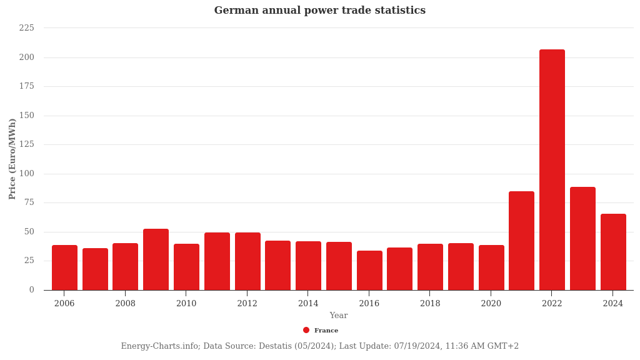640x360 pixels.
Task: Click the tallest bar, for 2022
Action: click(x=552, y=169)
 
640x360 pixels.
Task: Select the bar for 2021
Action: click(x=521, y=241)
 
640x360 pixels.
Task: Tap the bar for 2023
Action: click(x=582, y=238)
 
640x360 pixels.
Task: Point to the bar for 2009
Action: click(x=156, y=259)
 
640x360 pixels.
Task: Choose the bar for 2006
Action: click(x=64, y=267)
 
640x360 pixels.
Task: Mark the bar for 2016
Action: click(x=369, y=270)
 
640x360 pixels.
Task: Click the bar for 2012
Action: click(x=247, y=261)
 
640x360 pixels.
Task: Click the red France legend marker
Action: click(x=306, y=330)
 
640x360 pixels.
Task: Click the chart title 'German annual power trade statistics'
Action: click(x=319, y=11)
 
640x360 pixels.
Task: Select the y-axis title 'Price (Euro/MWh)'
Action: click(x=12, y=159)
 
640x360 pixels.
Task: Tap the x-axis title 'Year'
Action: click(x=339, y=316)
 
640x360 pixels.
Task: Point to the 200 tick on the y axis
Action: click(x=27, y=57)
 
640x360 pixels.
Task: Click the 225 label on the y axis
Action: click(x=27, y=28)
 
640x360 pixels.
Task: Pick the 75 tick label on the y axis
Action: click(x=29, y=202)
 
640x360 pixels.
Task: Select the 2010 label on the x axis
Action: click(x=186, y=304)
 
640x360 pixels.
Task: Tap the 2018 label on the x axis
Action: click(x=430, y=304)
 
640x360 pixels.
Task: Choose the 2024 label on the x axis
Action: click(x=613, y=304)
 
